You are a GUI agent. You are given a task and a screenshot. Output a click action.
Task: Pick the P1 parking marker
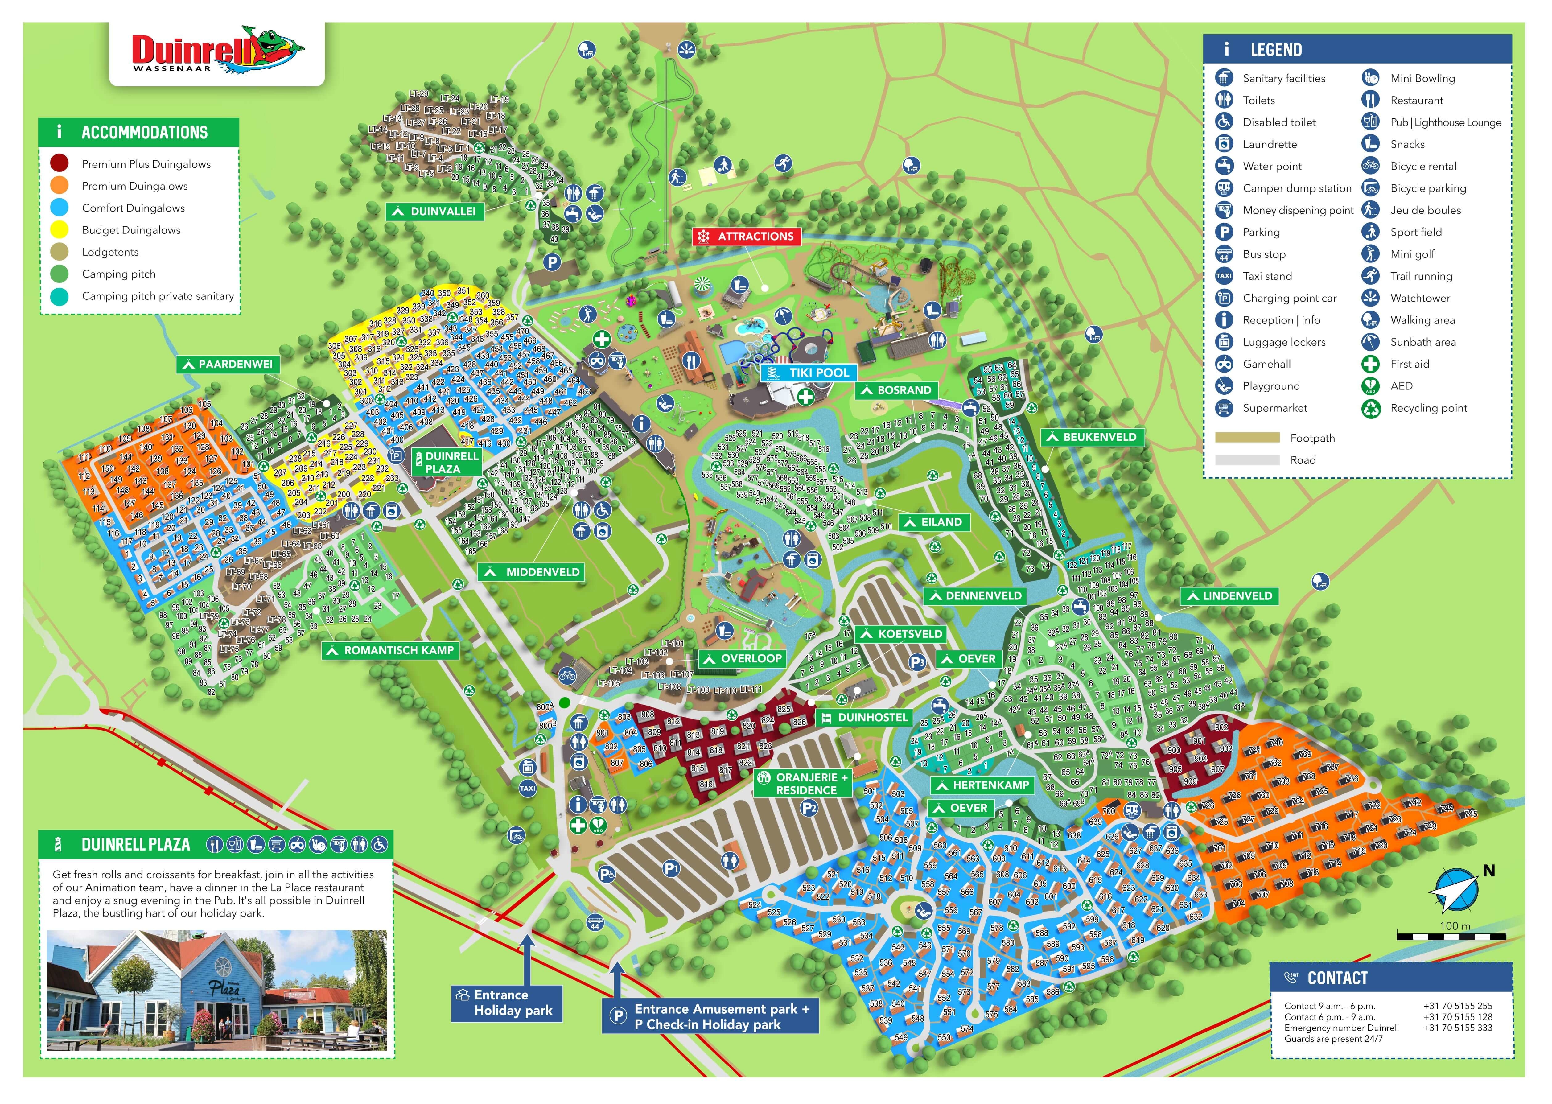coord(671,868)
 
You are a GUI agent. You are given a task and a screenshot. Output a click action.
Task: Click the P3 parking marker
coord(916,662)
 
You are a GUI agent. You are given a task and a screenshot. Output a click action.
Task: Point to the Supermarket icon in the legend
coord(1224,408)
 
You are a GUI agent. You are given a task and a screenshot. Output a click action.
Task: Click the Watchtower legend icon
coord(1370,298)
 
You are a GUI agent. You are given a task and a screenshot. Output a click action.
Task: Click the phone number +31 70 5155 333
coord(1458,1028)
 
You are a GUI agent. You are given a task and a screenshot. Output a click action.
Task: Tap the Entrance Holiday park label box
coord(506,1003)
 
